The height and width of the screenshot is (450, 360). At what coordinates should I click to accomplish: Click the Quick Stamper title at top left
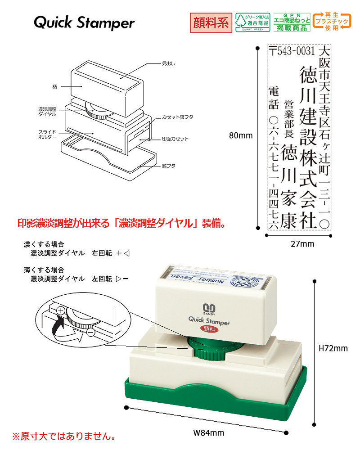click(x=84, y=23)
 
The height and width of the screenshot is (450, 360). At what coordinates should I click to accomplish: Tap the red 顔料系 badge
click(x=211, y=22)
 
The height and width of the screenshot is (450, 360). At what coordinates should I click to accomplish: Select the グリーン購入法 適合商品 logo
click(x=252, y=22)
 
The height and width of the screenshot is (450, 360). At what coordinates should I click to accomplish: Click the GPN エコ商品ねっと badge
click(x=292, y=22)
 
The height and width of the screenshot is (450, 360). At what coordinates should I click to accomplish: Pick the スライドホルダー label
click(x=47, y=133)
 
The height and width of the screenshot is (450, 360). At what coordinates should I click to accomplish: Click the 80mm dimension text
click(x=240, y=135)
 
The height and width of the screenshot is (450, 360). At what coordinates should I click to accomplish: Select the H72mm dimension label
click(x=333, y=348)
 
